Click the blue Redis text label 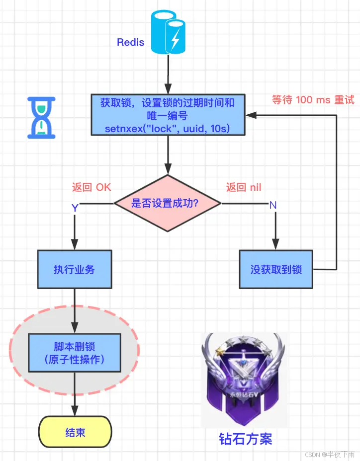130,42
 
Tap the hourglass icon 41,117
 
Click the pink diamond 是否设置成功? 168,203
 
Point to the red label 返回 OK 91,187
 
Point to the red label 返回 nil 244,187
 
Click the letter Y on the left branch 75,208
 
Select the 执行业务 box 74,270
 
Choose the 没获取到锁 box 276,270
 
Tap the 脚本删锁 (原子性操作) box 74,353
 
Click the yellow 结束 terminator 75,432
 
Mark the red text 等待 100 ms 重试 313,100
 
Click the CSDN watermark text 331,454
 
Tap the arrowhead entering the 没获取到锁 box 276,244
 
